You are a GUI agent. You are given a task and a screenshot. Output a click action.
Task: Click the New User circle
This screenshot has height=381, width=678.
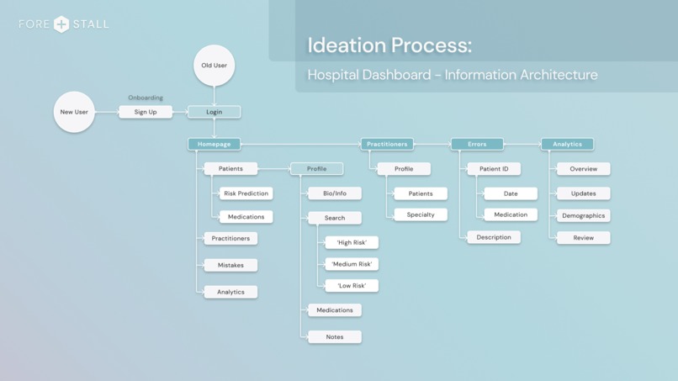click(x=74, y=112)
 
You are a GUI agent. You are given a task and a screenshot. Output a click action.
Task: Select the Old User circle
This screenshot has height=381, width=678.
click(x=214, y=66)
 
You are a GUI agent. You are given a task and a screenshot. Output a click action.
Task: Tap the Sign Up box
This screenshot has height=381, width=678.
click(x=146, y=112)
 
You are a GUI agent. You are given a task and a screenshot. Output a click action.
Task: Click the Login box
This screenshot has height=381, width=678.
click(x=214, y=112)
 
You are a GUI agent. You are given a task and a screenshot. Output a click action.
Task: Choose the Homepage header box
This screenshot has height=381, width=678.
click(x=214, y=144)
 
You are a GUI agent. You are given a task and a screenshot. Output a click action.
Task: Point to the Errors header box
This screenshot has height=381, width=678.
click(x=477, y=144)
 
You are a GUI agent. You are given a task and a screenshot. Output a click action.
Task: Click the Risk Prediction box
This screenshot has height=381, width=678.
click(x=246, y=193)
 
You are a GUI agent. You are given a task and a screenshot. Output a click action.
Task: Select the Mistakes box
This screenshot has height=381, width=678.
click(x=230, y=265)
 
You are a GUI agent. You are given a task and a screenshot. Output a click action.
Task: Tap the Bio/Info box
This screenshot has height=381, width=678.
click(x=335, y=193)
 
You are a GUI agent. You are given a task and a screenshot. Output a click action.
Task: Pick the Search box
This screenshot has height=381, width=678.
click(x=335, y=218)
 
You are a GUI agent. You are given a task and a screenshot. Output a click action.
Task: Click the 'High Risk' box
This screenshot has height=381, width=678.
click(x=352, y=242)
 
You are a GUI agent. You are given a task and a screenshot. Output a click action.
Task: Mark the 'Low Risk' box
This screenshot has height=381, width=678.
click(x=352, y=286)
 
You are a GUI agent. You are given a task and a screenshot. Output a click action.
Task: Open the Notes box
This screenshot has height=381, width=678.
click(x=335, y=336)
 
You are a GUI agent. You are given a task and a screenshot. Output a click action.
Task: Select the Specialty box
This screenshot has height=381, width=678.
click(x=421, y=214)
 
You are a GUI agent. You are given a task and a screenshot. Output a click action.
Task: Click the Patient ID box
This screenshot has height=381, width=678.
click(x=494, y=169)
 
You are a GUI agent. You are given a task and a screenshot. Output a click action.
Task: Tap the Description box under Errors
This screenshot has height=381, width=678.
click(x=494, y=237)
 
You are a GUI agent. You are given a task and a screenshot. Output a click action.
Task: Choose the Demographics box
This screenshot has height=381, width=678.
click(x=583, y=215)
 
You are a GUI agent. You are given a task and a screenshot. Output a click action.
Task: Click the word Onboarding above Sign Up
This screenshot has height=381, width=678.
click(x=146, y=98)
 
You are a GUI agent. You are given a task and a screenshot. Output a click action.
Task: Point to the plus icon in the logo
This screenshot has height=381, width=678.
click(x=61, y=24)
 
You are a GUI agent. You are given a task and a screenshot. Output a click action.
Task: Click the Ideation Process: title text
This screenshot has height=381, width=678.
click(x=389, y=45)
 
